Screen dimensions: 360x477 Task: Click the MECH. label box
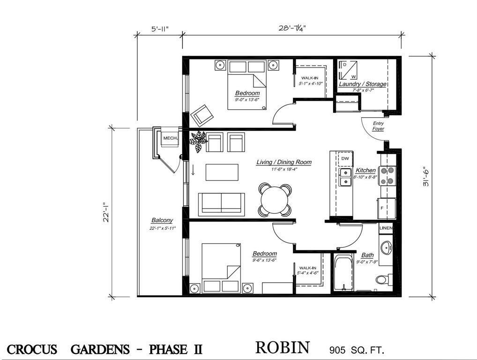[168, 138]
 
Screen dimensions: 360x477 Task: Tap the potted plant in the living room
[199, 141]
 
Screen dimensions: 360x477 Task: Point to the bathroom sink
[387, 247]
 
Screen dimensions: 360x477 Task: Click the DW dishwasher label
[345, 158]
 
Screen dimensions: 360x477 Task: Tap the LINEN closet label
[386, 228]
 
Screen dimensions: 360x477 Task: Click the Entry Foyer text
[378, 126]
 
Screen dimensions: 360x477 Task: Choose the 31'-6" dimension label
[425, 177]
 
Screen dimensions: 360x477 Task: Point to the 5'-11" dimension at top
[160, 29]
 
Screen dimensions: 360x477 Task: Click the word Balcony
[162, 220]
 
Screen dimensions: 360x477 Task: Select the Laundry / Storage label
[363, 84]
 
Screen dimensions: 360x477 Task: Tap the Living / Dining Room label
[283, 162]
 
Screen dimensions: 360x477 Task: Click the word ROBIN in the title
[282, 348]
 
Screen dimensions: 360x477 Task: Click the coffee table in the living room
[222, 171]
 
